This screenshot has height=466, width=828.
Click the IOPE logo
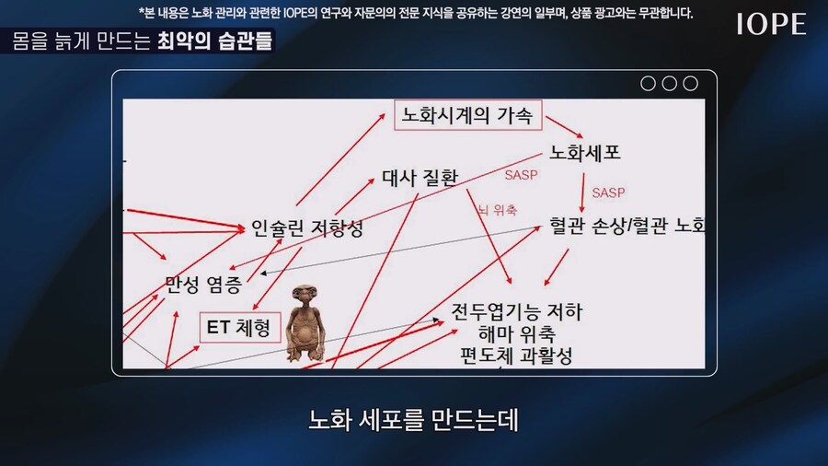tap(771, 25)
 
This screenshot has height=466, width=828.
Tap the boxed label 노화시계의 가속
tap(467, 116)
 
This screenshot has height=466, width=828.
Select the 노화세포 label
tap(585, 152)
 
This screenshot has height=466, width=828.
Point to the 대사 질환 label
tap(419, 178)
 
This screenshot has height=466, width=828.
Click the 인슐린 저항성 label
tap(306, 228)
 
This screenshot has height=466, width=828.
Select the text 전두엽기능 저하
tap(517, 312)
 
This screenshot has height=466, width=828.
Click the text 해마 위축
tap(516, 333)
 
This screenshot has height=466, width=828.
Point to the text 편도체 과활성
tap(516, 355)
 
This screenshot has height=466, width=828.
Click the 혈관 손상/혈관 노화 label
tap(627, 225)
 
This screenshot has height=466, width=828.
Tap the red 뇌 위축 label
tap(497, 210)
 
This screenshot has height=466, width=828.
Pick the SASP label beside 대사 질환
tap(521, 174)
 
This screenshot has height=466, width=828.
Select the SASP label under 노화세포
tap(608, 192)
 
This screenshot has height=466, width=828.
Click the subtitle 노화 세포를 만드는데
tap(414, 420)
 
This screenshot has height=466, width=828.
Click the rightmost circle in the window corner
tap(691, 84)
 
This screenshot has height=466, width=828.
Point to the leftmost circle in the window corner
tap(648, 84)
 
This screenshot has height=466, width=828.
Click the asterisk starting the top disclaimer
tap(141, 13)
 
